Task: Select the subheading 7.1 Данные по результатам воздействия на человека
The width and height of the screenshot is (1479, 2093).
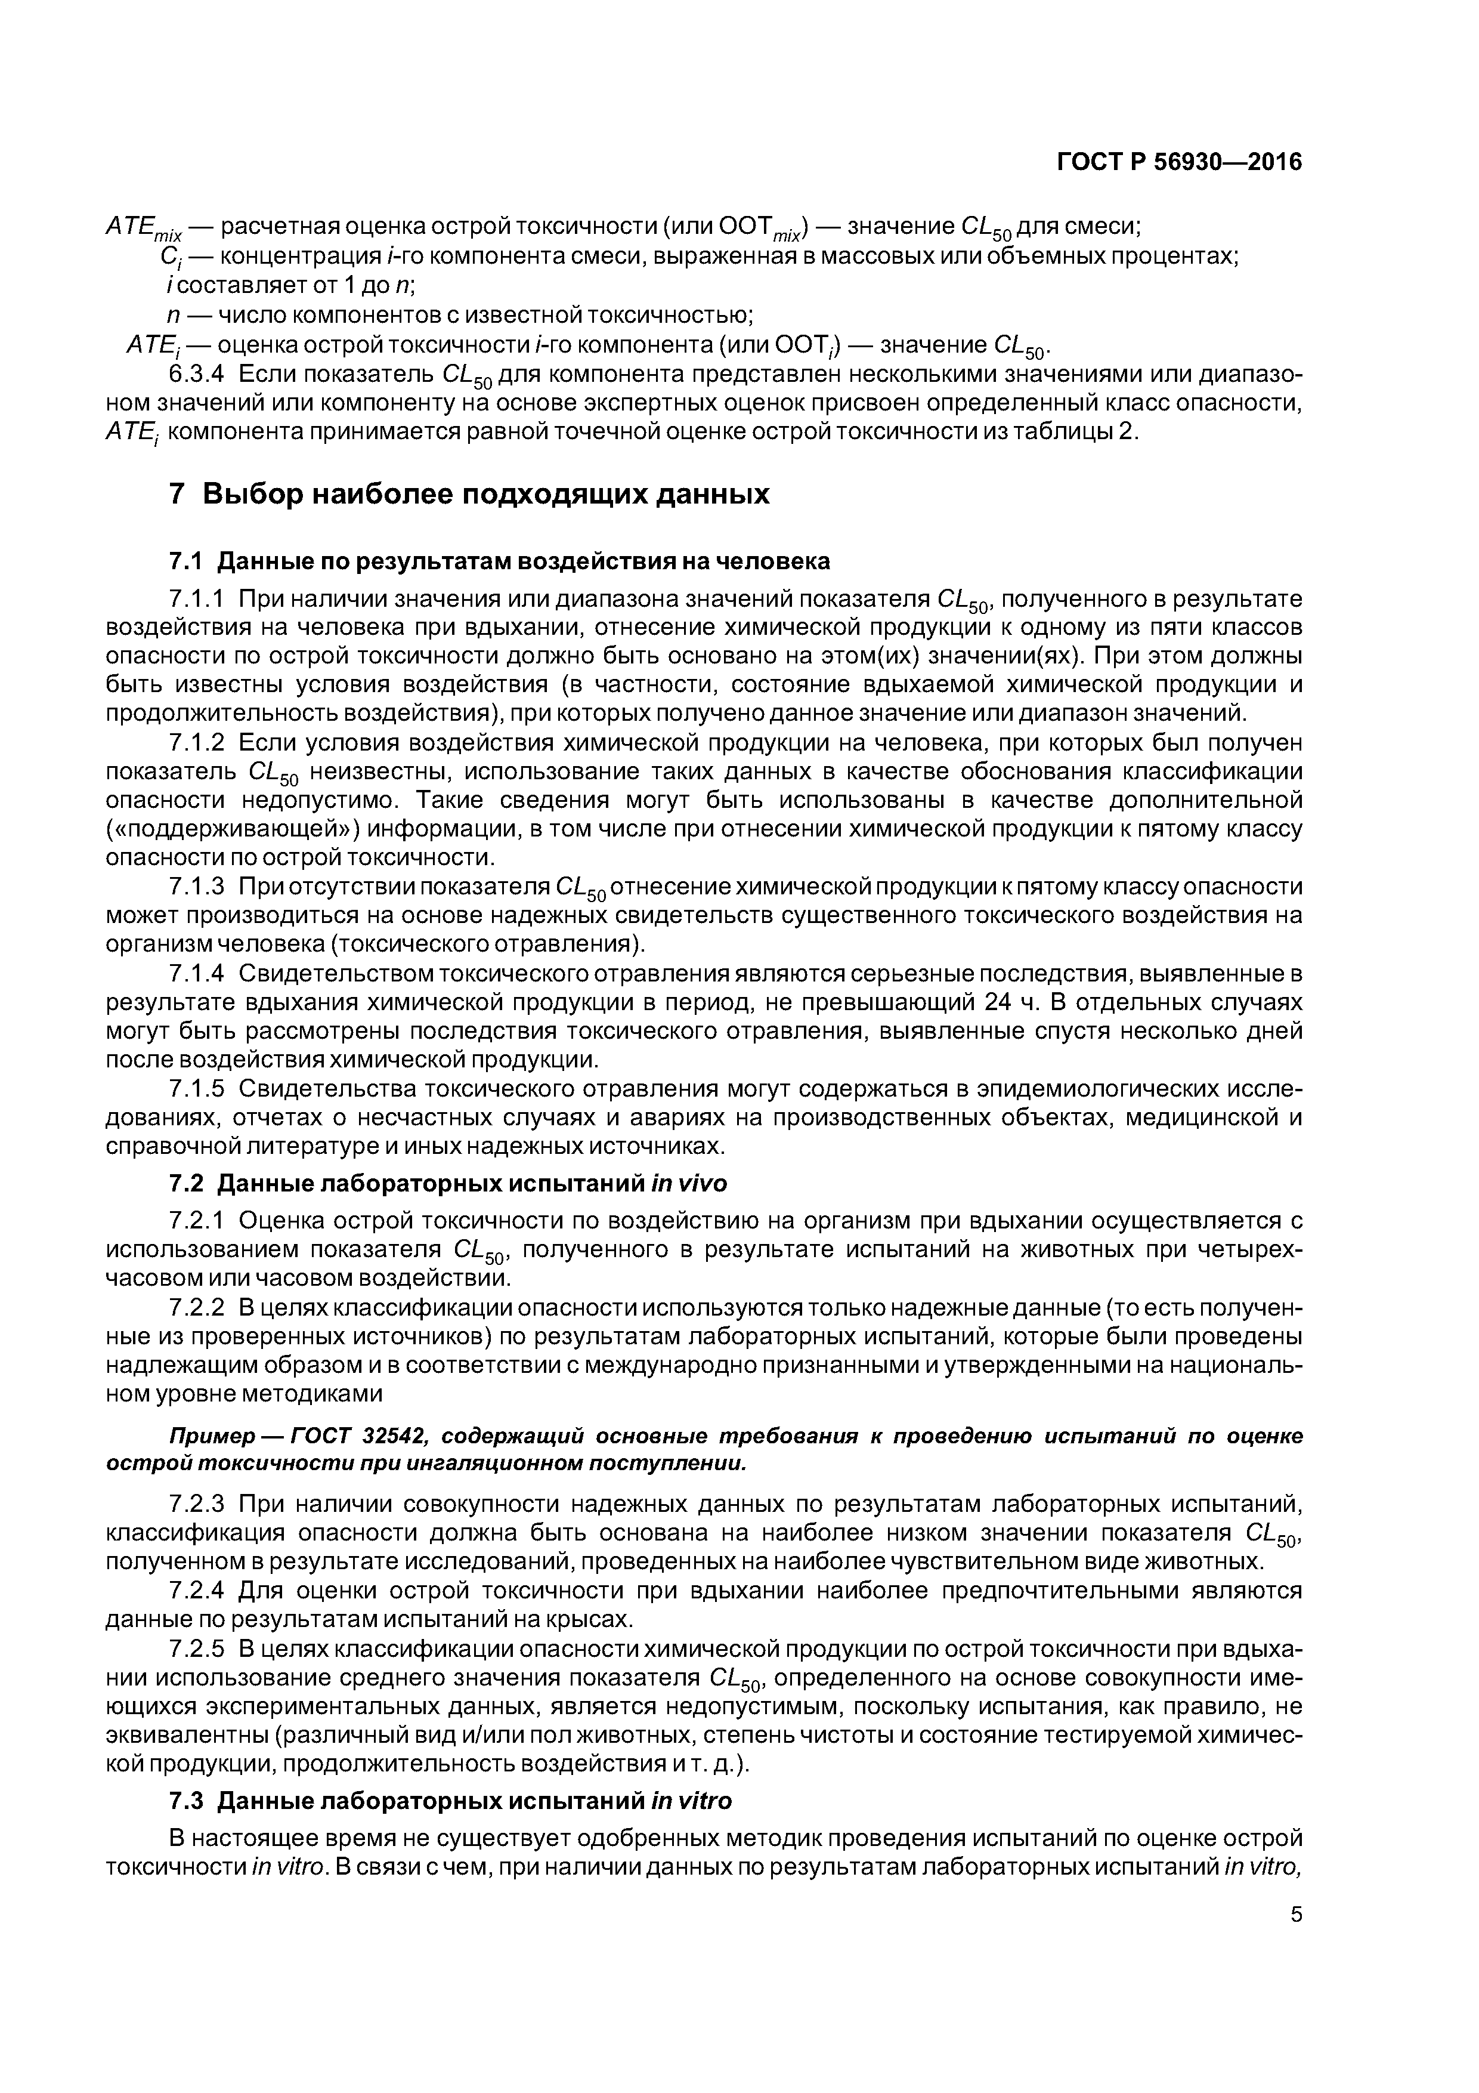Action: [499, 561]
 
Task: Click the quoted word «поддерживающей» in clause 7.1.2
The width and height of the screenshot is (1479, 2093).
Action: [234, 829]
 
